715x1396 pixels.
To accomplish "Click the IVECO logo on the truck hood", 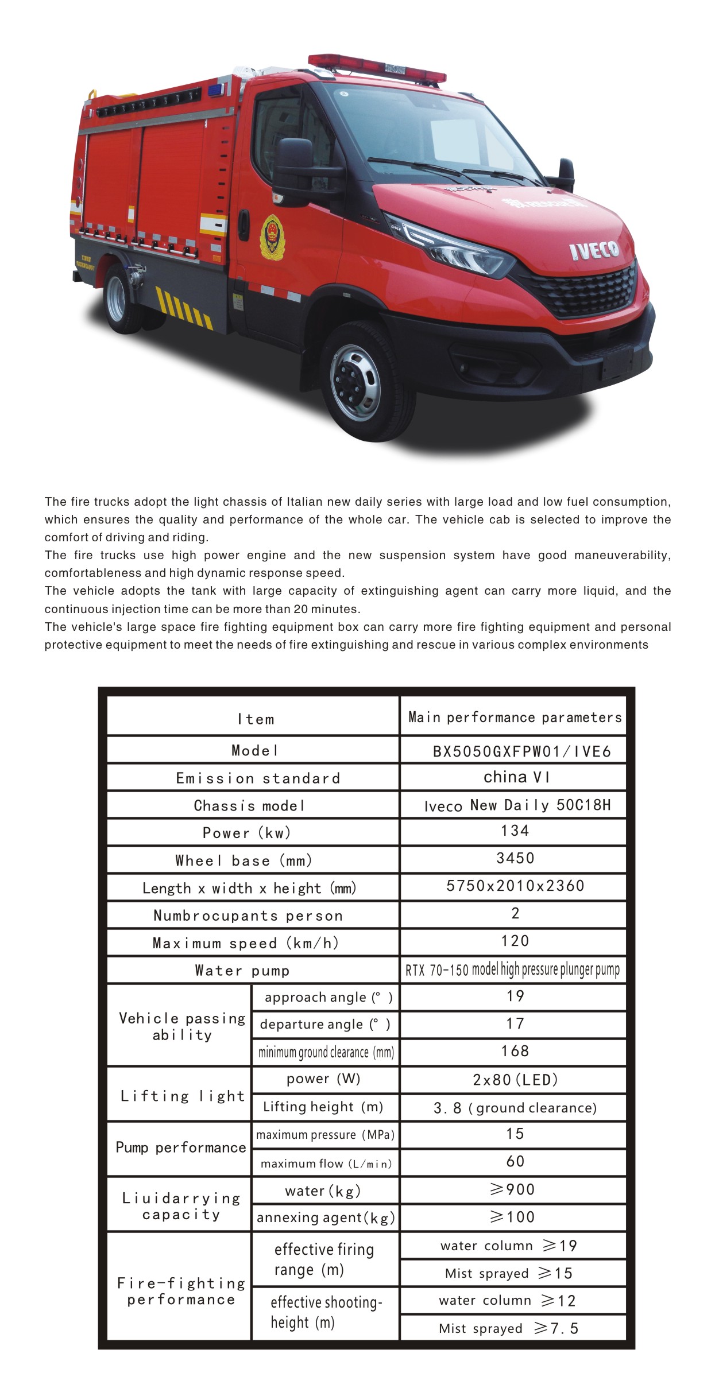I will pyautogui.click(x=594, y=250).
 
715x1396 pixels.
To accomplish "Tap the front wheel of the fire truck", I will pyautogui.click(x=355, y=382).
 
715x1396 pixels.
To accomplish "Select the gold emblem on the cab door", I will pyautogui.click(x=272, y=236).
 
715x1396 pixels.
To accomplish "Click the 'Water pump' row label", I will pyautogui.click(x=242, y=971).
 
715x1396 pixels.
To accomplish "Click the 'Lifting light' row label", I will pyautogui.click(x=182, y=1096).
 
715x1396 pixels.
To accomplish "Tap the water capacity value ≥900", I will pyautogui.click(x=513, y=1189).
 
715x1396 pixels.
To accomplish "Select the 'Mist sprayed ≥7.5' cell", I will pyautogui.click(x=509, y=1328).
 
